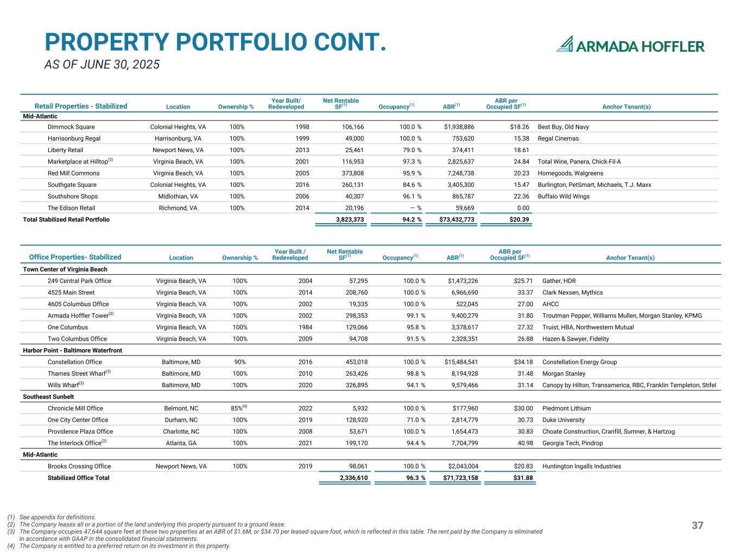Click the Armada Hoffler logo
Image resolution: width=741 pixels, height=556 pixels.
click(x=630, y=45)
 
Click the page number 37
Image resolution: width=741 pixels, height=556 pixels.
click(x=698, y=525)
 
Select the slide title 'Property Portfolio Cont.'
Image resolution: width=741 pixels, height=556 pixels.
click(x=215, y=42)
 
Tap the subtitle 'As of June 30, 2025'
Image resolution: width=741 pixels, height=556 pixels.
click(x=102, y=65)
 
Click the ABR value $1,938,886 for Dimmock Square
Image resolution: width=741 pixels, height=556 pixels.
click(x=459, y=127)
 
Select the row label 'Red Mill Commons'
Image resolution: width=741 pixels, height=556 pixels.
click(x=73, y=173)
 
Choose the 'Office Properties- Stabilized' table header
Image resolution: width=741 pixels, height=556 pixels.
click(x=75, y=257)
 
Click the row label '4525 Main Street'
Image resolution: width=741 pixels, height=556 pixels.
click(x=71, y=293)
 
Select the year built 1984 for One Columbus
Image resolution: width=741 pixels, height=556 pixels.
click(x=305, y=327)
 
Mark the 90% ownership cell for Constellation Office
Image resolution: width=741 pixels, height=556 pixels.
click(x=239, y=362)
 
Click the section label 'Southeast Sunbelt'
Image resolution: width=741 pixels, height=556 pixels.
click(x=48, y=396)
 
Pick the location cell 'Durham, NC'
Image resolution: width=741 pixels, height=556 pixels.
click(x=181, y=420)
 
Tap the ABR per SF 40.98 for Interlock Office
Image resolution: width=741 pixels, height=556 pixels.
click(x=525, y=443)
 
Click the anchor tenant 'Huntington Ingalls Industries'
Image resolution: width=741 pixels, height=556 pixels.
click(x=581, y=466)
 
